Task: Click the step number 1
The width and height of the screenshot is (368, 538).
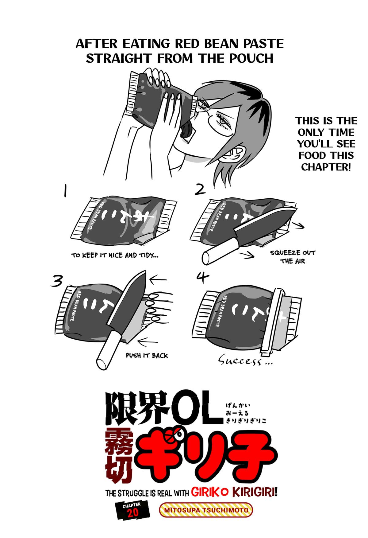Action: coord(65,192)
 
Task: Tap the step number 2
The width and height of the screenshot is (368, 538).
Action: coord(200,189)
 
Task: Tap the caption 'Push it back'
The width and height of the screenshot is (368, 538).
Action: coord(147,355)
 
